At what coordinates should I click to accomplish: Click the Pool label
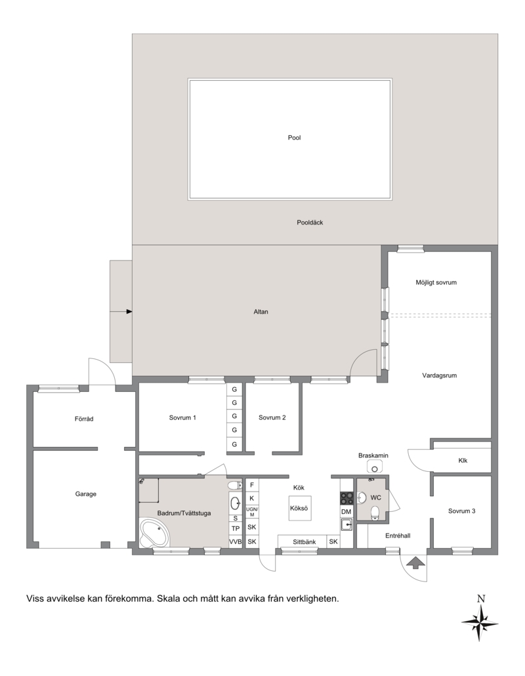coord(294,138)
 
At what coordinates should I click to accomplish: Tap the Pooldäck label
coord(310,222)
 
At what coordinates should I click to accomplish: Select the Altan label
coord(261,312)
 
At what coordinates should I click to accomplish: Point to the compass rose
coord(480,622)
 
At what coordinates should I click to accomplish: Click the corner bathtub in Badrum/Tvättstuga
coord(154,533)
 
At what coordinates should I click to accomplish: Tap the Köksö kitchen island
coord(299,508)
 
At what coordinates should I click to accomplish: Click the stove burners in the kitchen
coord(346,498)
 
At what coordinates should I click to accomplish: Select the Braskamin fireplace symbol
coord(373,466)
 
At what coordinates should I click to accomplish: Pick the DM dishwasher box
coord(346,511)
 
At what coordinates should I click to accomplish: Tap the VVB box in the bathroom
coord(236,541)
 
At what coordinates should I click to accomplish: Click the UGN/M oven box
coord(252,512)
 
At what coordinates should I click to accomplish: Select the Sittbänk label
coord(304,542)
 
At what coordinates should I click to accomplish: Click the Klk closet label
coord(463,461)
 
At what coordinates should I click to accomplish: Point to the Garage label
coord(86,494)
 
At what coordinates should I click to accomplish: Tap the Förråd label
coord(84,419)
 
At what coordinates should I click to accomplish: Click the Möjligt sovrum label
coord(436,282)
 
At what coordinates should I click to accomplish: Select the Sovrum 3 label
coord(461,511)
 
